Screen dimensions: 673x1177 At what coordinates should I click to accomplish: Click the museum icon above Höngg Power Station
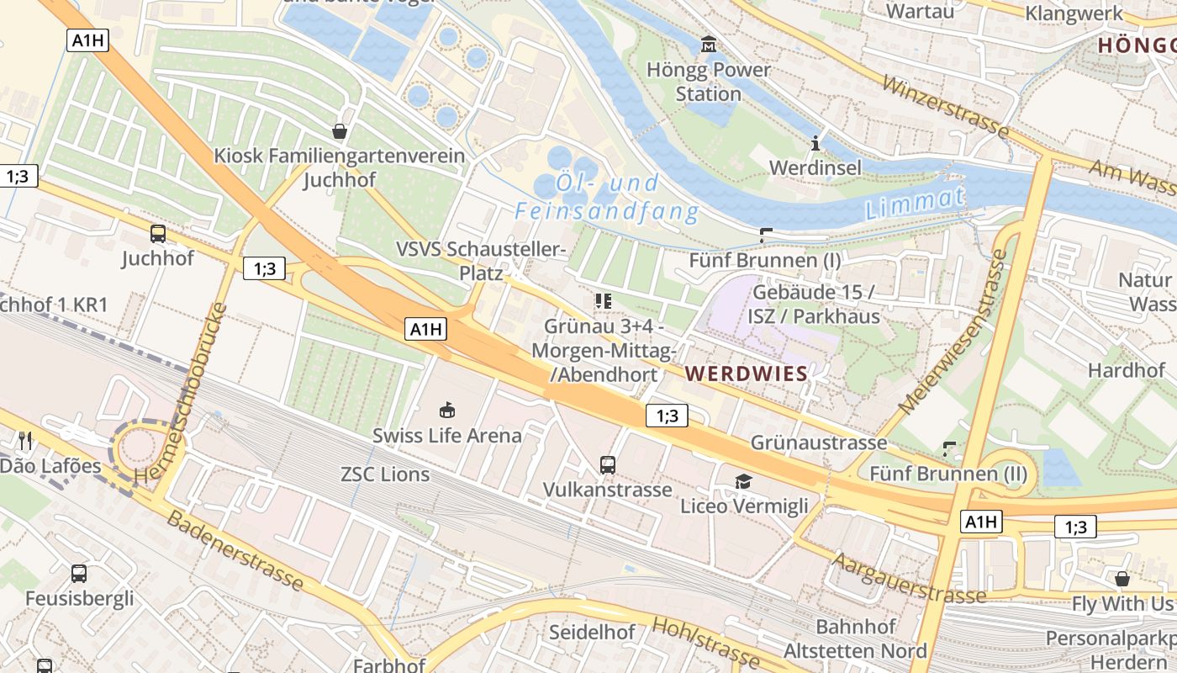(x=708, y=43)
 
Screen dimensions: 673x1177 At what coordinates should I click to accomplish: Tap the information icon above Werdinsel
(x=815, y=143)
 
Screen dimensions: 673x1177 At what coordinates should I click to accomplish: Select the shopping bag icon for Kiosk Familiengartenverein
(x=340, y=131)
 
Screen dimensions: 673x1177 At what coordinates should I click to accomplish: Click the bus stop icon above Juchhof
(x=157, y=234)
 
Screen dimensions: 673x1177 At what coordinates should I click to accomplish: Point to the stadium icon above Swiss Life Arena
(x=447, y=411)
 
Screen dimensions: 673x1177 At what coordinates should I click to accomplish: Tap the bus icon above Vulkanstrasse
(x=607, y=464)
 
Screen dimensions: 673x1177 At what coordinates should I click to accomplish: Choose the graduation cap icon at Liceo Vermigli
(x=743, y=481)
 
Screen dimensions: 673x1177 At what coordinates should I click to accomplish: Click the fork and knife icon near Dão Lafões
(x=25, y=440)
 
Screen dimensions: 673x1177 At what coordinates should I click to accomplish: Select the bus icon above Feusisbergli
(x=78, y=574)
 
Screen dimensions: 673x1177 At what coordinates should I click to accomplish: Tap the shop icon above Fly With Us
(x=1122, y=579)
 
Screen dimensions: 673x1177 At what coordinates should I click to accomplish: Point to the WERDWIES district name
(x=747, y=373)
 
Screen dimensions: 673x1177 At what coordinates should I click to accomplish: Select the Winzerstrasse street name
(x=945, y=105)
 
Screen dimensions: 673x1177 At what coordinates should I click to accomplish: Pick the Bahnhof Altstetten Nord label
(x=856, y=639)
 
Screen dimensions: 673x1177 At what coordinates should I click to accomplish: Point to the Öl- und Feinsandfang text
(x=607, y=197)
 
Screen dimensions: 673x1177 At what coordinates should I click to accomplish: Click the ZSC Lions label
(x=385, y=474)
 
